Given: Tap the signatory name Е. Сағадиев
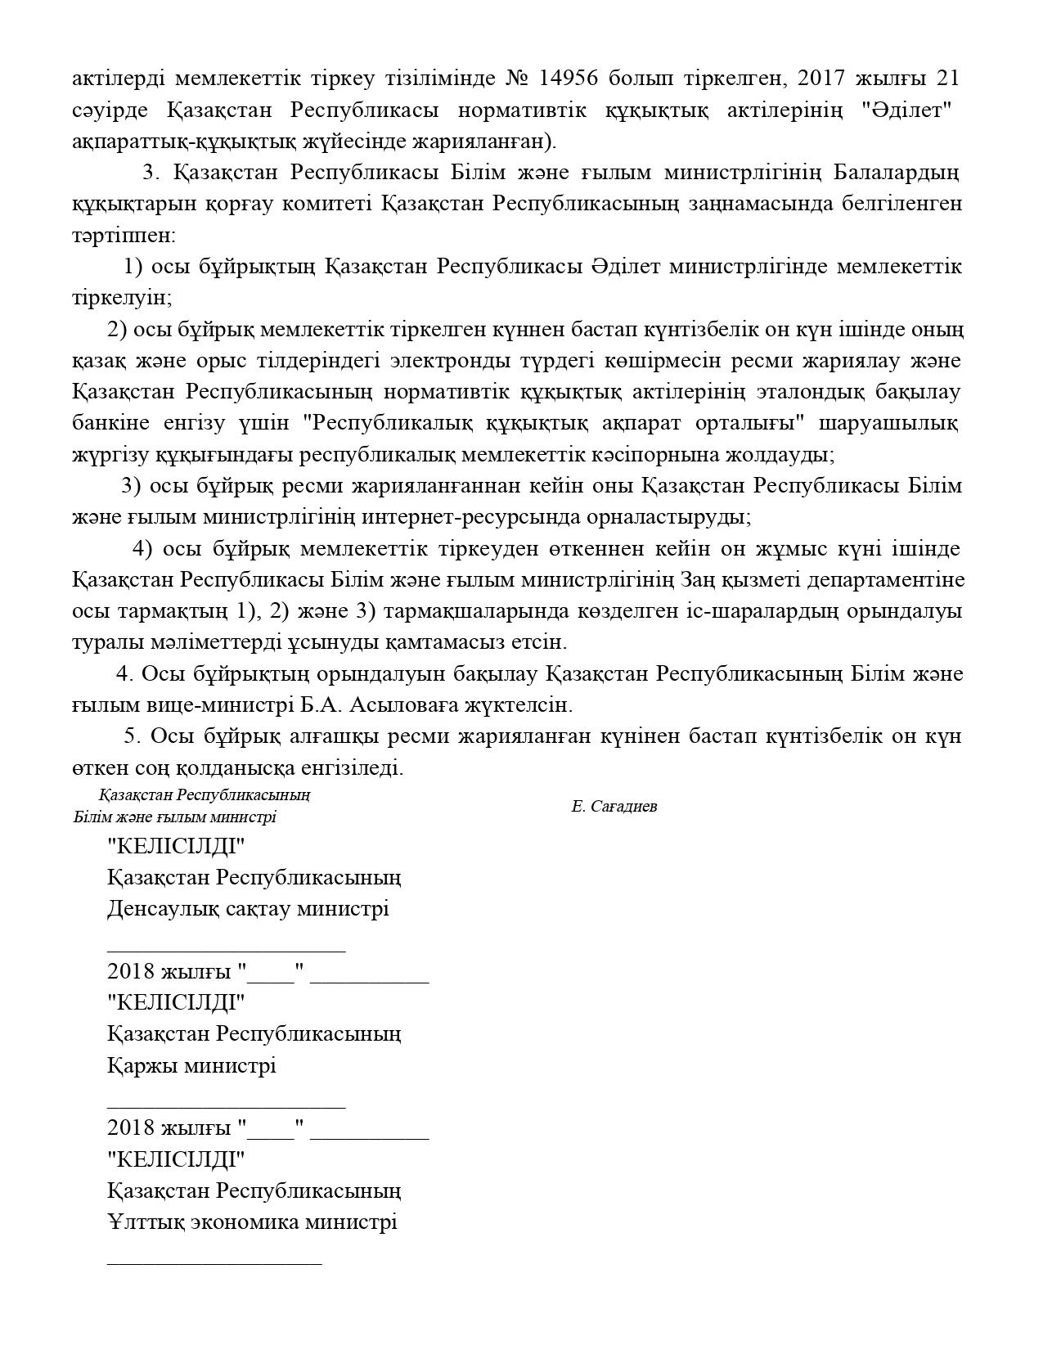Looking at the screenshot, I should pos(614,807).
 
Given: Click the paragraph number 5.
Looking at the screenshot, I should pos(133,736).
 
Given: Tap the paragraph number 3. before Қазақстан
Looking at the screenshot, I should pos(150,173).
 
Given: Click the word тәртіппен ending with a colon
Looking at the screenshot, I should pos(123,236).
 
